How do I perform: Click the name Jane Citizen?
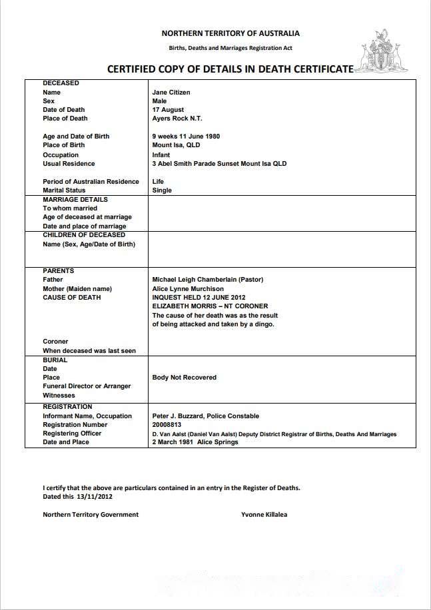171,93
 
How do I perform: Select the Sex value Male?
159,101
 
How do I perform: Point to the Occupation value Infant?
161,154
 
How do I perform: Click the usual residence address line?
219,164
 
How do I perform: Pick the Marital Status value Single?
162,190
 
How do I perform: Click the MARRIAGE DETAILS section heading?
75,199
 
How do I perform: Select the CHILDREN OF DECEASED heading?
84,235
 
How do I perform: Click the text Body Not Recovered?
185,378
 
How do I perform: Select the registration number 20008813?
167,424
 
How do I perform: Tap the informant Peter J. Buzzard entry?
206,416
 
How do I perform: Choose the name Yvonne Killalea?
264,514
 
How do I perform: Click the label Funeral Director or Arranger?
87,386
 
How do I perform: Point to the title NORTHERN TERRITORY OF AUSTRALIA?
230,33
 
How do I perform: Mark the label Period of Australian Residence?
91,182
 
